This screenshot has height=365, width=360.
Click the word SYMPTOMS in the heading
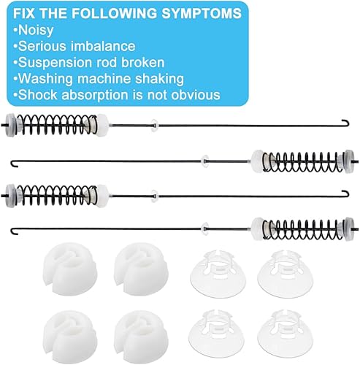click(175, 13)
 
